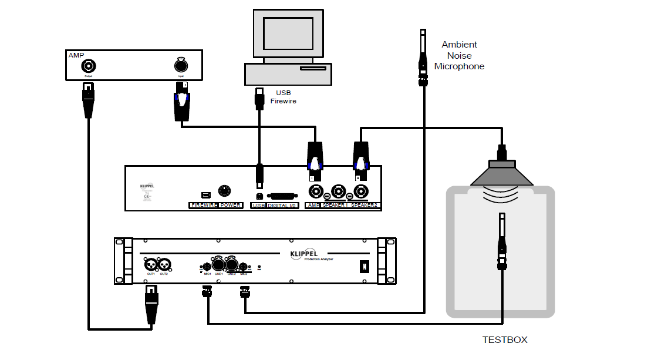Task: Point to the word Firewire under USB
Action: coord(283,101)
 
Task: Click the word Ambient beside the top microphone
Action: coord(459,45)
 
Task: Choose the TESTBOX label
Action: coord(505,339)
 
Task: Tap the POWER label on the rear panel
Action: coord(231,206)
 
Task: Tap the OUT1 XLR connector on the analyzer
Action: coord(150,264)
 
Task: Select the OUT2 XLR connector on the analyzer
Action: coord(164,264)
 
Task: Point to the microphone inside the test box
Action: coord(502,241)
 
